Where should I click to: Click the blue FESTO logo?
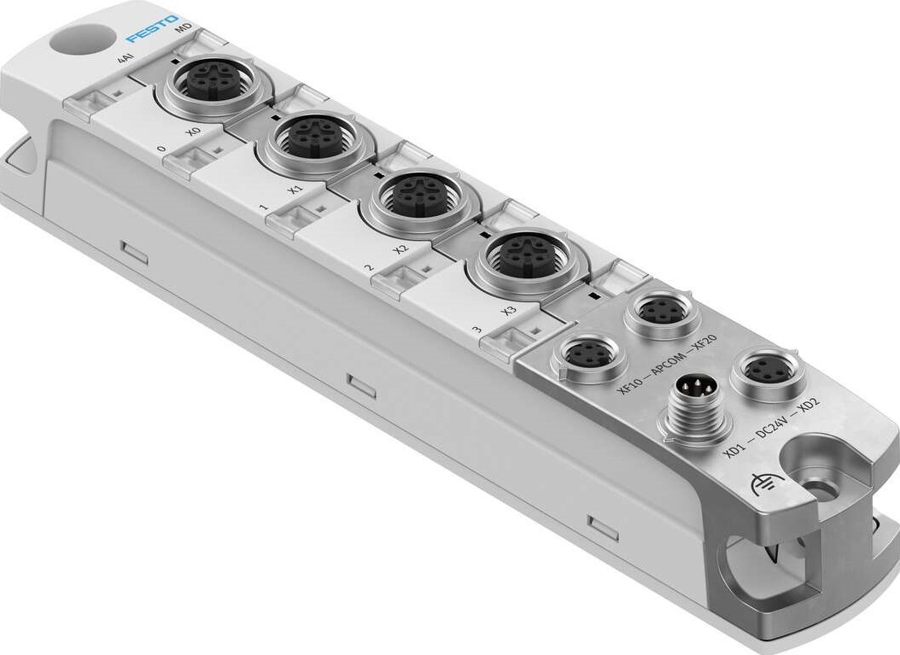coord(153,28)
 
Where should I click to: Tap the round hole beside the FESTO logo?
coord(81,39)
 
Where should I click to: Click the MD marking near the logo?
coord(182,31)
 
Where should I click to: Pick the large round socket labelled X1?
coord(312,137)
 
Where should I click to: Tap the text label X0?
coord(192,134)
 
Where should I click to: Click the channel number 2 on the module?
coord(369,269)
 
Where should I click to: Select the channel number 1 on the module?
coord(264,208)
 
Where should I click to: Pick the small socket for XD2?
coord(763,370)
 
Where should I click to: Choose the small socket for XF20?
coord(663,312)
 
